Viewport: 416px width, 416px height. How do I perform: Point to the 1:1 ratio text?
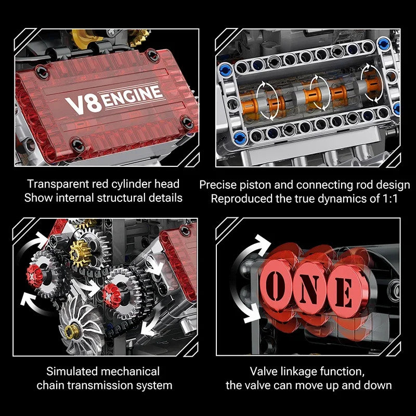coord(388,198)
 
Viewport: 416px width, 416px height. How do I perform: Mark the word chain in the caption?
coord(49,385)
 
